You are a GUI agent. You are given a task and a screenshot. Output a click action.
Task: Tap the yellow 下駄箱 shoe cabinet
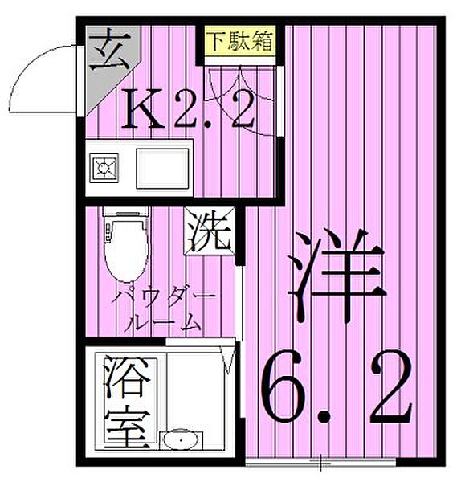click(x=239, y=40)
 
